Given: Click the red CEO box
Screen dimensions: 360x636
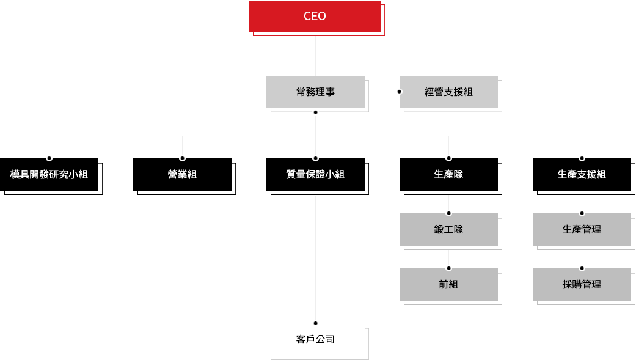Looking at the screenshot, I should point(315,17).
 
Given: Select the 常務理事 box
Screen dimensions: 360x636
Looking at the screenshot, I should point(315,92).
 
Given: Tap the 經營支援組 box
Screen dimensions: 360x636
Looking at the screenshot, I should point(448,92).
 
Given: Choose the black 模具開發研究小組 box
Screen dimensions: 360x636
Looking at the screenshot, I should point(49,175).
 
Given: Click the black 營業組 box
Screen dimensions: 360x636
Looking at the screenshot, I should point(182,175).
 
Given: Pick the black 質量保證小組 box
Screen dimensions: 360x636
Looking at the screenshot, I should point(315,175).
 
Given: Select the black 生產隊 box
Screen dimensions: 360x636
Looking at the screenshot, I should point(448,175).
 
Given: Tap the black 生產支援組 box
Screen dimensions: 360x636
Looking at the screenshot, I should point(582,175).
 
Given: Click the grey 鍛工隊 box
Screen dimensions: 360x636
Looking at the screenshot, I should point(448,230).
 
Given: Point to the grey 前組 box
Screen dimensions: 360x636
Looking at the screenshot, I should point(448,284).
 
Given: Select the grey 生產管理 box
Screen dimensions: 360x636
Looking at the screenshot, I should point(582,230).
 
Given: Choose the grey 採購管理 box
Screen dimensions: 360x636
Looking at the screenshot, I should point(582,284).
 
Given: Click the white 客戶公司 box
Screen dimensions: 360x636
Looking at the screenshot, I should point(315,339).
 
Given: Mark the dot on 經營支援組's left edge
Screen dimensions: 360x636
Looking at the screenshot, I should point(400,92).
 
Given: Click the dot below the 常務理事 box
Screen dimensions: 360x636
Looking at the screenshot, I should point(315,112).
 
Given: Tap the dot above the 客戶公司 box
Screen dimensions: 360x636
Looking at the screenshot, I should point(315,323).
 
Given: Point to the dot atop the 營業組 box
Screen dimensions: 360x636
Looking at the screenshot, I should point(182,158).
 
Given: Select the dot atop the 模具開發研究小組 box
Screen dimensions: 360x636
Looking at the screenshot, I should point(49,158).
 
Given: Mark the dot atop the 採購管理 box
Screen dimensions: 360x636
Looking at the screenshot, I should point(582,268).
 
